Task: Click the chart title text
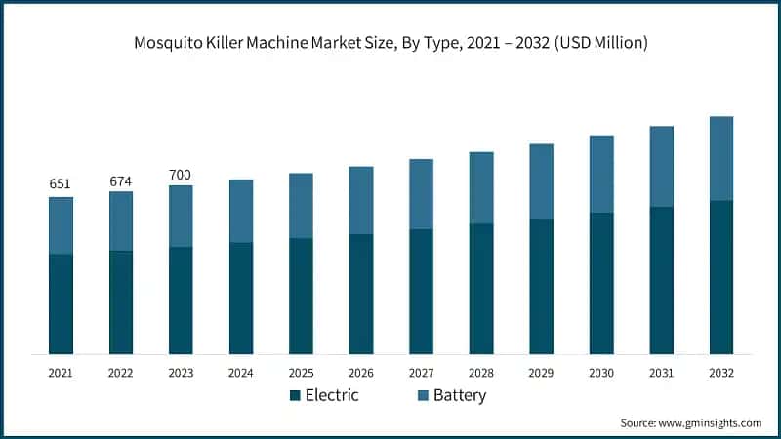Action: [x=390, y=43]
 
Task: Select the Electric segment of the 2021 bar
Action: [x=61, y=303]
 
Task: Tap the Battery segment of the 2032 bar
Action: [x=721, y=158]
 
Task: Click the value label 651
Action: [x=61, y=185]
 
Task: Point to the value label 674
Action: [x=121, y=180]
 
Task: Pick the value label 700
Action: [x=182, y=174]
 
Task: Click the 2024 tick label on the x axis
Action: [x=241, y=373]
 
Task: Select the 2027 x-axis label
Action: [x=422, y=373]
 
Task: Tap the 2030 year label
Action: [x=601, y=373]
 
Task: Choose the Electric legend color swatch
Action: [x=294, y=396]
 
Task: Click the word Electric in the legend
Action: [x=333, y=395]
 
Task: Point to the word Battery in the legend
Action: [x=459, y=395]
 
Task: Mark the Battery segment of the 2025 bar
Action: [x=302, y=205]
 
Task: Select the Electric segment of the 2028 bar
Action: [x=481, y=289]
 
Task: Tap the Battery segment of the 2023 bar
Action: [x=182, y=216]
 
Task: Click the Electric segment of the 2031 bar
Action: [x=662, y=280]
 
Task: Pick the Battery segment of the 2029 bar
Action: [x=542, y=180]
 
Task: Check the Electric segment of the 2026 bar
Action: [x=361, y=294]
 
